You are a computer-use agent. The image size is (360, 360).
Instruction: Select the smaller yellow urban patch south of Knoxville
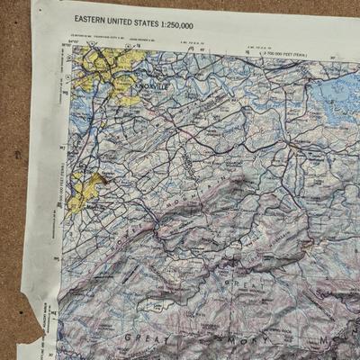pyautogui.click(x=83, y=191)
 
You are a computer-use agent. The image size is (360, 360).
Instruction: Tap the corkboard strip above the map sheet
pyautogui.click(x=180, y=5)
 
